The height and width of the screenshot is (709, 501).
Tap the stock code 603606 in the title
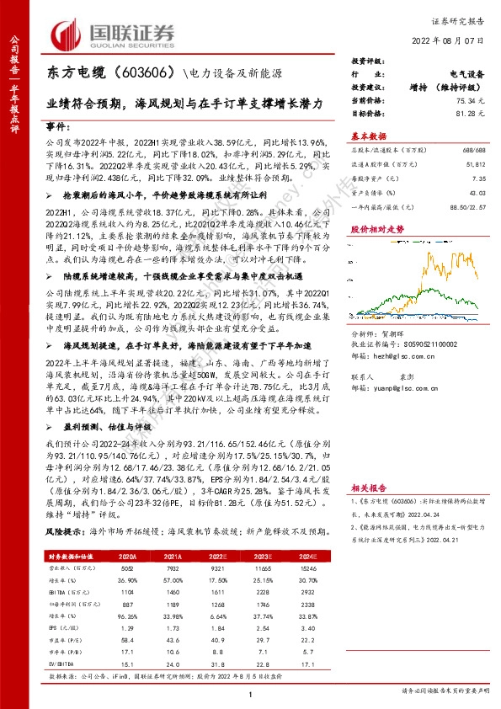point(147,74)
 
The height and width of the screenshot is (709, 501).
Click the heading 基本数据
point(368,136)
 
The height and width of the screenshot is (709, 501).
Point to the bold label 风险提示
point(64,532)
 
